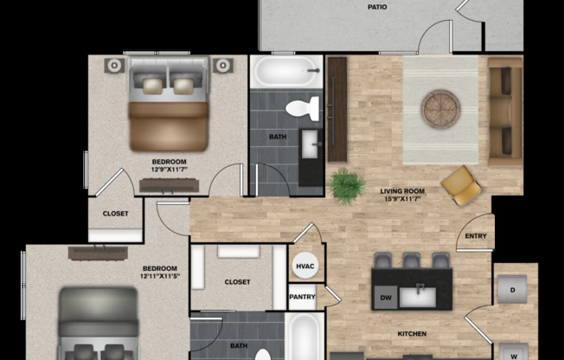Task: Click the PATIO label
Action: point(376,6)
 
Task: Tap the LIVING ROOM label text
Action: point(402,191)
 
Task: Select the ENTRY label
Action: point(475,236)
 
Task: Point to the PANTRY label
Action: point(303,297)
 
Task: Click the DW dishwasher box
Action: point(385,299)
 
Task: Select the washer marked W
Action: point(513,353)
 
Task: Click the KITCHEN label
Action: point(412,333)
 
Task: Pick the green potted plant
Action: point(347,187)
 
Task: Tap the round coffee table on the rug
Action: point(440,109)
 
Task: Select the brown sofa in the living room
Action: point(505,111)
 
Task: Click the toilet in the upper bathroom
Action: point(303,109)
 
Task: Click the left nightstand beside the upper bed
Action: point(114,65)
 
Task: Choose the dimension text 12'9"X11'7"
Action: point(170,170)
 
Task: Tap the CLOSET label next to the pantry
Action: point(237,282)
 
